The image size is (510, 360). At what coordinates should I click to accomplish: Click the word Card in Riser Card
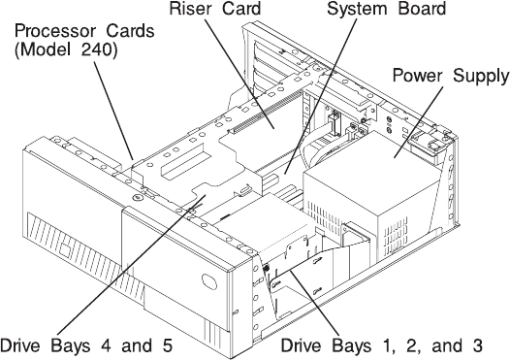point(241,9)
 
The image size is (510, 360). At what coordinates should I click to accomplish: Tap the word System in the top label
point(354,9)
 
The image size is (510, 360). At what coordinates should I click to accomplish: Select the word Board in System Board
point(421,9)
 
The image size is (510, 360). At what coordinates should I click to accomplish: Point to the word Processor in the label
point(55,31)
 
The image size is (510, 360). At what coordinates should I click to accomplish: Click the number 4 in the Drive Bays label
point(106,345)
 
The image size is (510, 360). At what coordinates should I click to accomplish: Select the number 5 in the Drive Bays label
point(168,345)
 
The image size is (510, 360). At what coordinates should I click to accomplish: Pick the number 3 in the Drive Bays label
point(477,345)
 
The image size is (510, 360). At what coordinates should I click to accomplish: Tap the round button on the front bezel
point(209,281)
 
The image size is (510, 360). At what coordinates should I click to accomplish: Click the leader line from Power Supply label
point(419,122)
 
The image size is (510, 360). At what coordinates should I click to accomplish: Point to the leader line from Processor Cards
point(113,110)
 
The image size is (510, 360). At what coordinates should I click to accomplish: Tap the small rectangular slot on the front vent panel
point(65,248)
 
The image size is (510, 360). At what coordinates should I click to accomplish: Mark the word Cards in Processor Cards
point(130,31)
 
